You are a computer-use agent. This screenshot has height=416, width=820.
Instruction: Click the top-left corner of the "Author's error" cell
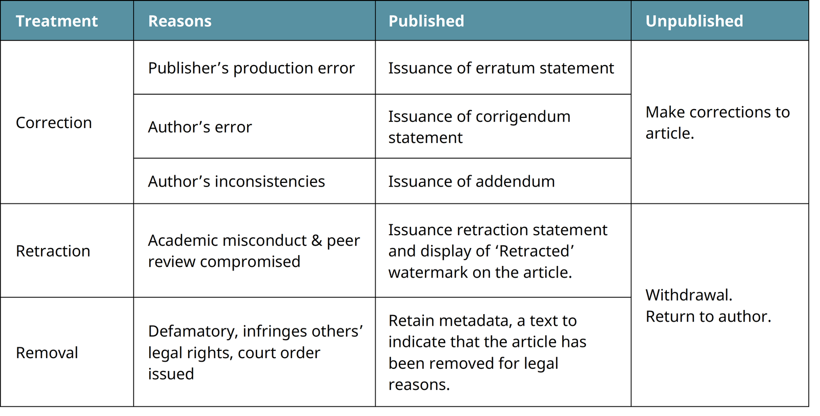[x=134, y=94]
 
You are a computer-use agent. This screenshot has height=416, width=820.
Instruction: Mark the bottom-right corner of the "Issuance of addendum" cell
[x=631, y=203]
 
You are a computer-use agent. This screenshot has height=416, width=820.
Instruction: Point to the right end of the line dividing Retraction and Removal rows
[x=631, y=297]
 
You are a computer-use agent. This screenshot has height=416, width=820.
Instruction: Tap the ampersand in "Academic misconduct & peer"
[x=316, y=241]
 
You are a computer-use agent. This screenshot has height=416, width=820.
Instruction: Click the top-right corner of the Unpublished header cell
[x=809, y=1]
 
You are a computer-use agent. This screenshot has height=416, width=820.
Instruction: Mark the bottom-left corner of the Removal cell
[x=1, y=406]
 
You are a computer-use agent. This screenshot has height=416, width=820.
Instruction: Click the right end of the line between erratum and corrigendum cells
[x=631, y=94]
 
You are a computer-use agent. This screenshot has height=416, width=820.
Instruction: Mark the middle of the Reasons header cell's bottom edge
[x=254, y=40]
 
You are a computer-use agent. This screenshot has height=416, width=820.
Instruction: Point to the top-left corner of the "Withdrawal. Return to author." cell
[x=631, y=203]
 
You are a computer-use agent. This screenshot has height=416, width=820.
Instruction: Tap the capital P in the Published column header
[x=393, y=21]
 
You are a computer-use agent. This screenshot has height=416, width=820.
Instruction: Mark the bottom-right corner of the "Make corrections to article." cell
[x=809, y=203]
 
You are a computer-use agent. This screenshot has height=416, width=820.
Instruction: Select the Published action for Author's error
[x=479, y=127]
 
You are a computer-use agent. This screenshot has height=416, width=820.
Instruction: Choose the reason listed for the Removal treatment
[x=256, y=352]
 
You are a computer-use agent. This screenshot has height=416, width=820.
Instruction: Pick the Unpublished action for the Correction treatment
[x=717, y=122]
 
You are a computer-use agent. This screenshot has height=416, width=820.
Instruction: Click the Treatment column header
[x=57, y=21]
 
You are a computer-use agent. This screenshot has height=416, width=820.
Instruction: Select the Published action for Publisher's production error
[x=501, y=68]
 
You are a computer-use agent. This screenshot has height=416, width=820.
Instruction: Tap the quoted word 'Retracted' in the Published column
[x=536, y=251]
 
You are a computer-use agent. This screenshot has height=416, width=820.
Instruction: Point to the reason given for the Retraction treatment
[x=254, y=251]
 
